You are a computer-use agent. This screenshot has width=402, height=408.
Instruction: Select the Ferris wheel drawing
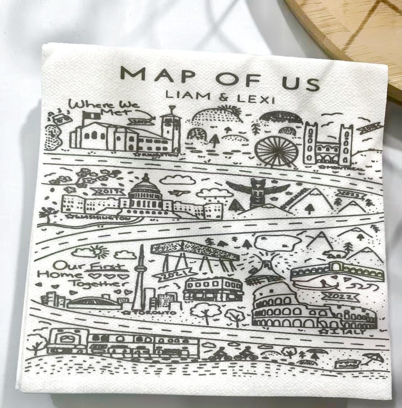click(276, 151)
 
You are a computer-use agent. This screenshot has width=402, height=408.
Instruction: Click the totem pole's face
click(257, 185)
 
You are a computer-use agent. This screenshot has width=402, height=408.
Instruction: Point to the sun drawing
click(98, 251)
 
